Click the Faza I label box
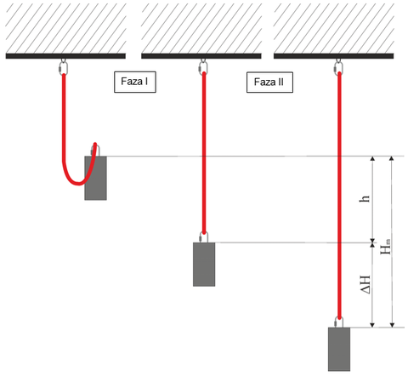pos(135,82)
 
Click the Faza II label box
pos(269,83)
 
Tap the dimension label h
pos(365,198)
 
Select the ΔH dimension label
pos(365,284)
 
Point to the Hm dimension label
pos(385,247)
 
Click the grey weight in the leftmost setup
pos(95,178)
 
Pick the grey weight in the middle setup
pos(204,265)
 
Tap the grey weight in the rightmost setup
pos(339,350)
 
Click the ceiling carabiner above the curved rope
pos(64,67)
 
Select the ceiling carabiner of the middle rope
pos(203,67)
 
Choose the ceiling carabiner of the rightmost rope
pos(338,67)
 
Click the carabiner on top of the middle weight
pos(204,237)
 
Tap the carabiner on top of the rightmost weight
pos(339,322)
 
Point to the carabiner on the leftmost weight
pos(95,150)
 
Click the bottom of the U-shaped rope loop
pos(78,184)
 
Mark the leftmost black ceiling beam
pos(65,56)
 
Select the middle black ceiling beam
pos(201,56)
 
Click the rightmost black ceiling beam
pos(334,56)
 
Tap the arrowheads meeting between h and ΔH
pos(372,242)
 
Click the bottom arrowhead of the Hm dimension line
pos(392,325)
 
